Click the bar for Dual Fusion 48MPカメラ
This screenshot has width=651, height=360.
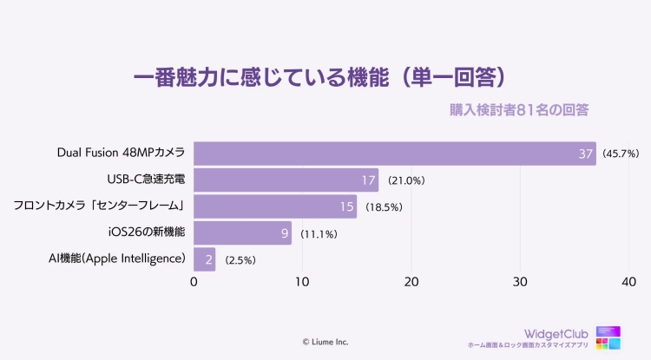395,154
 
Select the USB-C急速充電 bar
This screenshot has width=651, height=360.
286,180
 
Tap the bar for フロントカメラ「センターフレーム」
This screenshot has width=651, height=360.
275,206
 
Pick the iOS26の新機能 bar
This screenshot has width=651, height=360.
242,232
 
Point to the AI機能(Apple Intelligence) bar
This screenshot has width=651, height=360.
204,259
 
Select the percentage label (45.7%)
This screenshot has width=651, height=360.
621,154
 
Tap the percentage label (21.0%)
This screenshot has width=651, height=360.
405,181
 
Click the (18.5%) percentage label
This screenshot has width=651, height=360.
384,207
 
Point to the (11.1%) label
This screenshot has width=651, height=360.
319,233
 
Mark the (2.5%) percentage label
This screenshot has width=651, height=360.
240,259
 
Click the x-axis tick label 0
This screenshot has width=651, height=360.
194,282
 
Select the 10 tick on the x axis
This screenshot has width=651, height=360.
302,282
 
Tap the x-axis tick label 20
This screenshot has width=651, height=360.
411,282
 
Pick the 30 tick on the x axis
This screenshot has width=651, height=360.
520,282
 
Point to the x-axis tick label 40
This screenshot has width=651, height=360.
628,282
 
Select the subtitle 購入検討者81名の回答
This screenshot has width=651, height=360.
519,110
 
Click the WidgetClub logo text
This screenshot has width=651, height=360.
557,333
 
